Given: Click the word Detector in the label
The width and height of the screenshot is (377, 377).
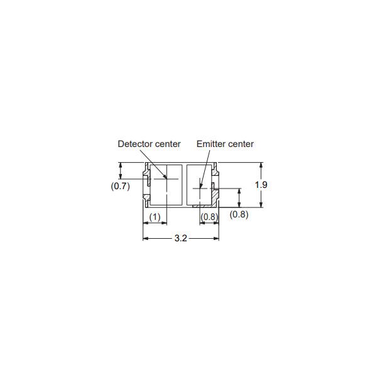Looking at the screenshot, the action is pyautogui.click(x=135, y=144).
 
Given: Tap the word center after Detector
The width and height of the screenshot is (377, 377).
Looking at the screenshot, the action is pyautogui.click(x=168, y=144).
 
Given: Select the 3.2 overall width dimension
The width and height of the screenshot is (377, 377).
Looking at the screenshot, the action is pyautogui.click(x=180, y=238).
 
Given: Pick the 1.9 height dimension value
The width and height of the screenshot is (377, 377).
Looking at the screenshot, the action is pyautogui.click(x=261, y=185).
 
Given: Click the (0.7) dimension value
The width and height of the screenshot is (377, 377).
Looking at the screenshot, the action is pyautogui.click(x=120, y=186).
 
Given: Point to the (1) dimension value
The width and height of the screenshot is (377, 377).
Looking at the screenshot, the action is pyautogui.click(x=155, y=217).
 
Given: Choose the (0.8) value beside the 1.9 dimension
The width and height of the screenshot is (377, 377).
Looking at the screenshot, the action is pyautogui.click(x=239, y=214).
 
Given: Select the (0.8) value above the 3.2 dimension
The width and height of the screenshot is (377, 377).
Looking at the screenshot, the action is pyautogui.click(x=209, y=217).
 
